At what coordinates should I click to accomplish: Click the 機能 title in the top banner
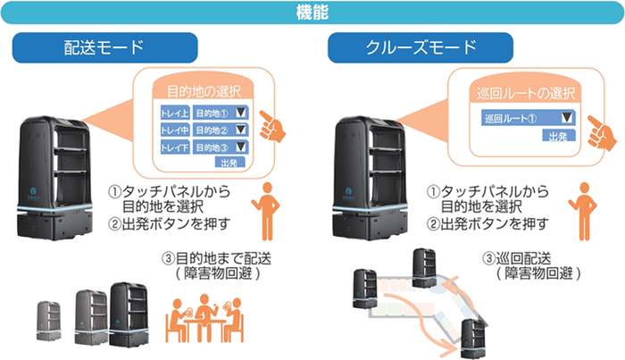coord(312,12)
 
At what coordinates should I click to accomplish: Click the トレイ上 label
coord(172,114)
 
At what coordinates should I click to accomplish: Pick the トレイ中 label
coord(172,130)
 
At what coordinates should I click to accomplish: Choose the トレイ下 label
coord(172,147)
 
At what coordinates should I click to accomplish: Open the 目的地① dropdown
coord(223,114)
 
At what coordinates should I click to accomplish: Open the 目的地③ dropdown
coord(223,147)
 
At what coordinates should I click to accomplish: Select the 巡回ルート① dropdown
coord(528,118)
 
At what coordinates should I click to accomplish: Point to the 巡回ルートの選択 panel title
coord(527,92)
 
